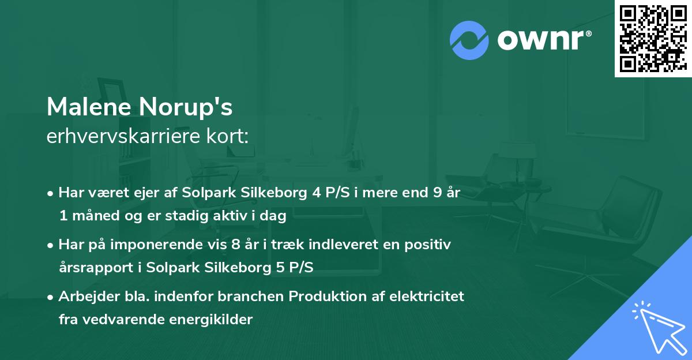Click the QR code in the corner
point(653,38)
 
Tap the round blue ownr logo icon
point(469,40)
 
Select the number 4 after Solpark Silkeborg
point(317,193)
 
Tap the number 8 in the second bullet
point(235,245)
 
